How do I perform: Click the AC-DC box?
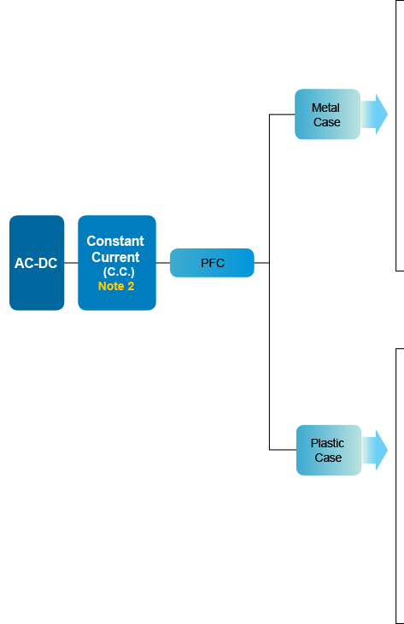click(37, 263)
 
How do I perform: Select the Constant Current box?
click(117, 263)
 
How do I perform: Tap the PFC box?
click(212, 263)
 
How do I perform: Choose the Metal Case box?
click(327, 114)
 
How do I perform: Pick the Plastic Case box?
click(329, 450)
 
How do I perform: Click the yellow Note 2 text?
click(116, 286)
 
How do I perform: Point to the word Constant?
click(115, 241)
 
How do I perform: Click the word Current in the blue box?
click(115, 257)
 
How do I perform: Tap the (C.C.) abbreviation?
click(119, 271)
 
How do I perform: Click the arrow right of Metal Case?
click(374, 114)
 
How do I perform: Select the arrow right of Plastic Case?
click(375, 450)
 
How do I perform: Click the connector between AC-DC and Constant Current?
click(71, 263)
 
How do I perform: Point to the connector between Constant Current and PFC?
click(163, 263)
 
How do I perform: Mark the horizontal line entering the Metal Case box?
click(282, 114)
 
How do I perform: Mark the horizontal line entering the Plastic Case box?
click(283, 450)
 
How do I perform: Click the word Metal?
click(325, 108)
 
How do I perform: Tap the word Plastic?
click(327, 443)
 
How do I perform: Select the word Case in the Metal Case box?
click(327, 122)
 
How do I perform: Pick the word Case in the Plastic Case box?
click(328, 458)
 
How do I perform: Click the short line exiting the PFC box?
click(261, 263)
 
